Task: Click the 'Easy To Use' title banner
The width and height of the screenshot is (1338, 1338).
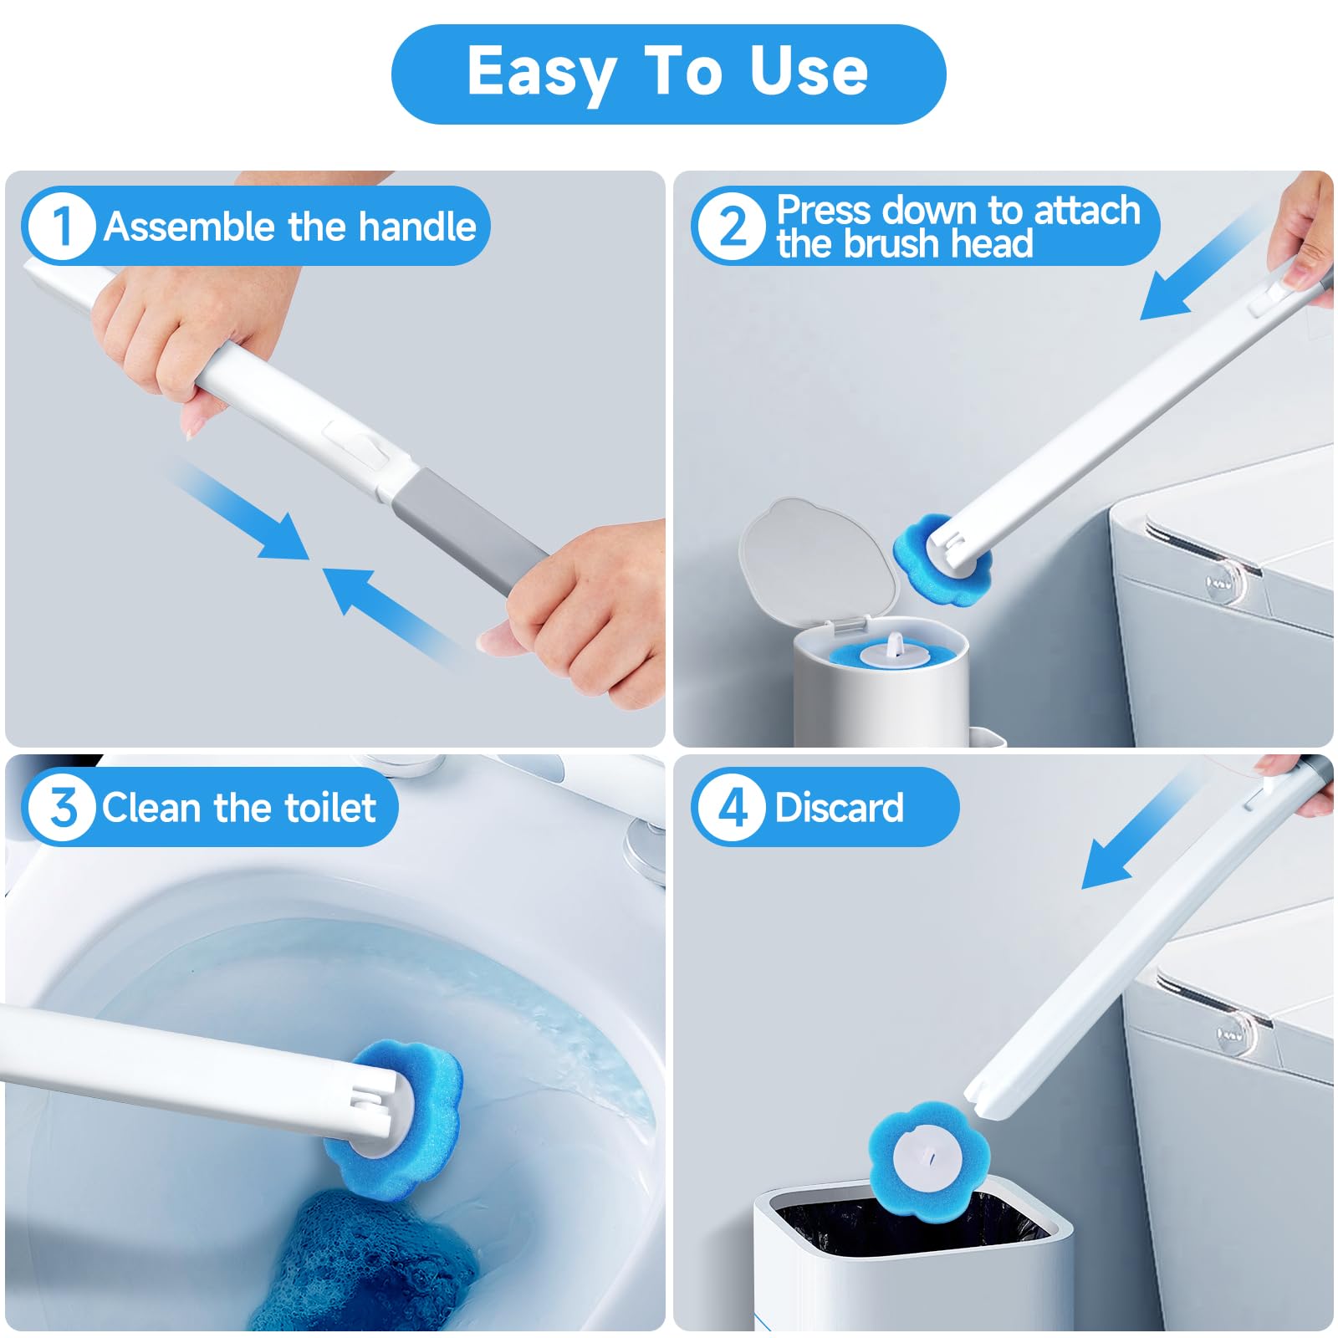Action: coord(668,74)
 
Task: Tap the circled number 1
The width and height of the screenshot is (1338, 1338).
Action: coord(60,226)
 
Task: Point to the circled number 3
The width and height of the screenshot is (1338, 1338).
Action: coord(60,808)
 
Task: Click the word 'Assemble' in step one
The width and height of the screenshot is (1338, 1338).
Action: coord(190,227)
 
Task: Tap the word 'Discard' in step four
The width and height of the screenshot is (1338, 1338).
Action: coord(839,808)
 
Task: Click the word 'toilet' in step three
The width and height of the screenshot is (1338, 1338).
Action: coord(330,808)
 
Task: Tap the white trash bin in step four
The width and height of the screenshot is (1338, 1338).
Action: coord(912,1254)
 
